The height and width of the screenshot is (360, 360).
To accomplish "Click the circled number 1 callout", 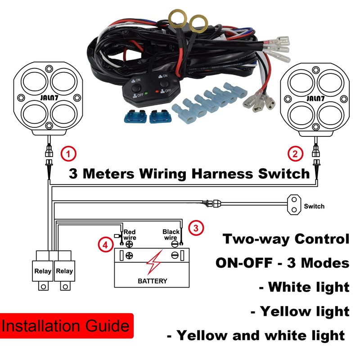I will coord(68,154).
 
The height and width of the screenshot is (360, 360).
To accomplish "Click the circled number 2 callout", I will coord(295,154).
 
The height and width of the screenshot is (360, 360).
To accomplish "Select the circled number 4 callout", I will coord(105,245).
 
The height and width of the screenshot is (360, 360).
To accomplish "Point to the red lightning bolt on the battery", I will coord(153,263).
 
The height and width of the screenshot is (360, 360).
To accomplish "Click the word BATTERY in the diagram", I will coord(152,281).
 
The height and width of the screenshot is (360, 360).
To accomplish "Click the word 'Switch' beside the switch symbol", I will coord(314,207).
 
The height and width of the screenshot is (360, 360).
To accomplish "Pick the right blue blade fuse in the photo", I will coord(160,117).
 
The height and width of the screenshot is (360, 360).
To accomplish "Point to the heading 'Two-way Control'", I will coord(286,239).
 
